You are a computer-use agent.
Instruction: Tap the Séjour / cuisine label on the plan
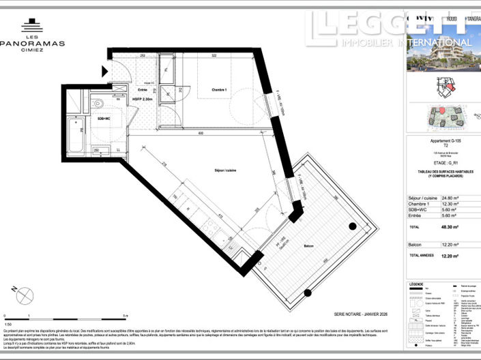(225, 170)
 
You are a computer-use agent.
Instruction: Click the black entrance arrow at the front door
(104, 70)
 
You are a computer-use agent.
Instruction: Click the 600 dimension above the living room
(201, 134)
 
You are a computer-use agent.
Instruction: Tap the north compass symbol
(25, 296)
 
